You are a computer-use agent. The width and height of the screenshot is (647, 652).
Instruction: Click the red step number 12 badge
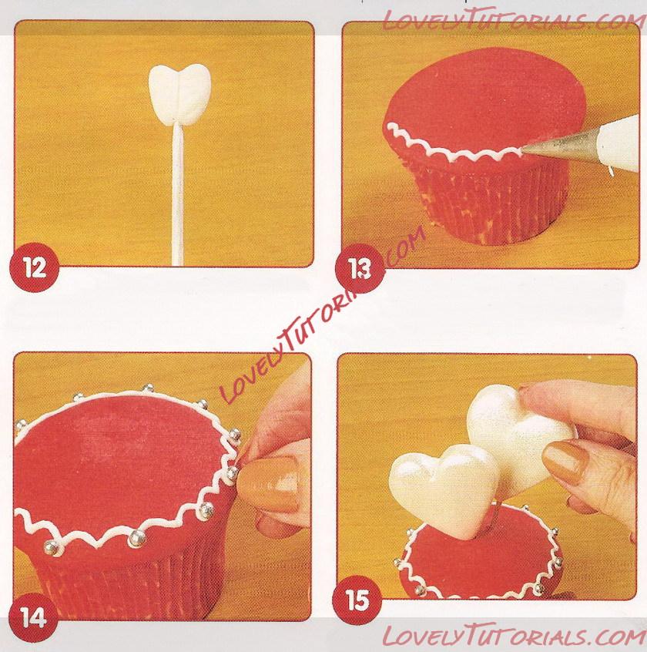[34, 267]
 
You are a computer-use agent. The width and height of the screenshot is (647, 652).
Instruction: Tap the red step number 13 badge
[360, 269]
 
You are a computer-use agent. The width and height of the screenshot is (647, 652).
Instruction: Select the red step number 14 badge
[33, 617]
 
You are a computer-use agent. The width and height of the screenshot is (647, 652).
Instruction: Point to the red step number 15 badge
[357, 600]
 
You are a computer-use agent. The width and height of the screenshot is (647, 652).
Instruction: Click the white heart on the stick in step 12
[179, 94]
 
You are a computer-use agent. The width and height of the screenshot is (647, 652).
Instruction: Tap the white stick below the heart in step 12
[177, 195]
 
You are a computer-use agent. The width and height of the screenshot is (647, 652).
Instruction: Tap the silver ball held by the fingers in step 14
[232, 472]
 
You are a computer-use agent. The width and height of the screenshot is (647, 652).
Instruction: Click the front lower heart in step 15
[443, 489]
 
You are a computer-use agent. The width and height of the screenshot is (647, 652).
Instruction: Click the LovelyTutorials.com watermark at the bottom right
[514, 635]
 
